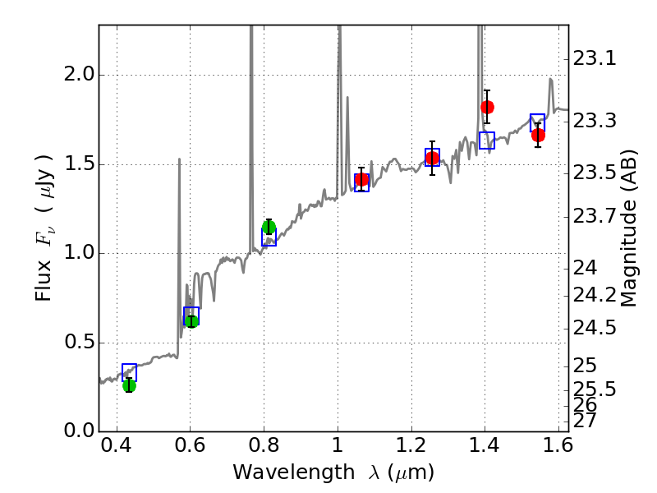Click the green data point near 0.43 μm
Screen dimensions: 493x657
click(129, 385)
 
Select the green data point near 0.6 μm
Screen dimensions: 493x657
click(191, 320)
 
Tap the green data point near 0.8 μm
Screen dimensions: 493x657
click(269, 228)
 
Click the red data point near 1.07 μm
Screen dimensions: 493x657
click(361, 180)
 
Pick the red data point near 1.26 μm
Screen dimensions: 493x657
click(432, 158)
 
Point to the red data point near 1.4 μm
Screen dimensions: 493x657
click(487, 107)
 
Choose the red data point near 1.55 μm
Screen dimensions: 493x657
click(538, 135)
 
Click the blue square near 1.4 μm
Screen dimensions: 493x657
click(487, 141)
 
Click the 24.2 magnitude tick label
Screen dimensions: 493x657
click(595, 294)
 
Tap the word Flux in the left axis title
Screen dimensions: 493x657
click(44, 283)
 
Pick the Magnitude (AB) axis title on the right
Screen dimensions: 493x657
click(629, 228)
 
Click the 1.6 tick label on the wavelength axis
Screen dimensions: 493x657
click(558, 448)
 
